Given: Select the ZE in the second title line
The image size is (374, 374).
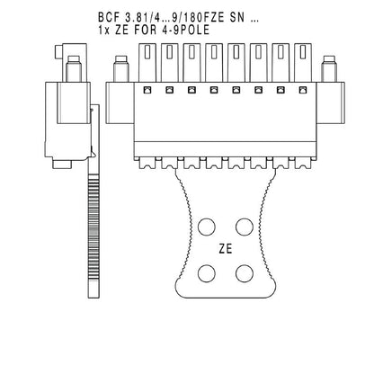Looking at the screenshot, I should click(x=125, y=30).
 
